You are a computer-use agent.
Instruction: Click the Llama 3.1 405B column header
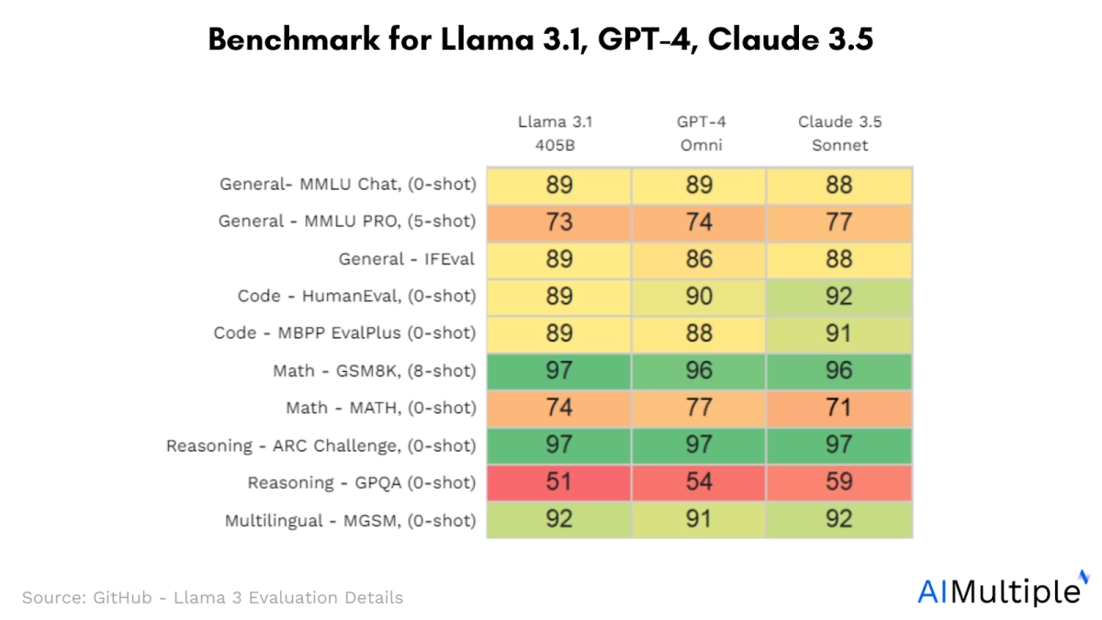pyautogui.click(x=558, y=133)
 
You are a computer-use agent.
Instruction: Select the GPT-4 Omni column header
pyautogui.click(x=699, y=133)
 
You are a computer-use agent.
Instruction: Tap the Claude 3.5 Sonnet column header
pyautogui.click(x=839, y=133)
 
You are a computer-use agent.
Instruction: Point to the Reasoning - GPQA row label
pyautogui.click(x=362, y=483)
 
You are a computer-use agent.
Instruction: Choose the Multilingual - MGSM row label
pyautogui.click(x=351, y=521)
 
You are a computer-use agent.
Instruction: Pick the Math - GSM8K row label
pyautogui.click(x=375, y=371)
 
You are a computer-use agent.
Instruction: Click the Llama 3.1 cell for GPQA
pyautogui.click(x=558, y=482)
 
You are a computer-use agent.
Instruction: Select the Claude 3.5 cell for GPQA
pyautogui.click(x=839, y=482)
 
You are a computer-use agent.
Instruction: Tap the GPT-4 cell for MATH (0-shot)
pyautogui.click(x=699, y=408)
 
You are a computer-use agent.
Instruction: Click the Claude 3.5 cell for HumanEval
pyautogui.click(x=839, y=296)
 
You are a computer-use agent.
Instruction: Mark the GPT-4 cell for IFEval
pyautogui.click(x=699, y=259)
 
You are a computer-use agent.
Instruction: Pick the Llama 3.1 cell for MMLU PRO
pyautogui.click(x=558, y=221)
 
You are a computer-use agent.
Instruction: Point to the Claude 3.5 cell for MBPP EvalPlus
pyautogui.click(x=839, y=333)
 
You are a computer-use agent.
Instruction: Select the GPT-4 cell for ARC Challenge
pyautogui.click(x=699, y=445)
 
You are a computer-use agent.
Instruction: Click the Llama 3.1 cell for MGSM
pyautogui.click(x=558, y=520)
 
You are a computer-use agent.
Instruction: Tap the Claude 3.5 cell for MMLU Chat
pyautogui.click(x=839, y=185)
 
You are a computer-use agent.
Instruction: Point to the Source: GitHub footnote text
pyautogui.click(x=212, y=597)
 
